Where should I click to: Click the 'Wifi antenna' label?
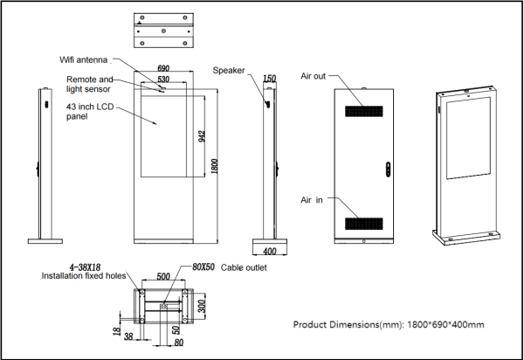pos(84,59)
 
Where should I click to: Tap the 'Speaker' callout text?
pos(229,71)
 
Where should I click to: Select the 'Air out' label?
pos(314,76)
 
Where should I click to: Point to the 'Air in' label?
pos(312,200)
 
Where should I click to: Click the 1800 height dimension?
pos(215,166)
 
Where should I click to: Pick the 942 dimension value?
pos(202,136)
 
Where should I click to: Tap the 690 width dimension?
pos(163,68)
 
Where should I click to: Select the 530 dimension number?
pos(163,80)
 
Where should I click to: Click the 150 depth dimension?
pos(269,79)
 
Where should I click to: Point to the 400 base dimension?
pos(270,251)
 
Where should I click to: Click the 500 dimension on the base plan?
pos(163,276)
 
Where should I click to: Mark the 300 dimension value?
pos(202,306)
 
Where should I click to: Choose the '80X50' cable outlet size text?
pos(203,267)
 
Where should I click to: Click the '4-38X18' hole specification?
pos(85,267)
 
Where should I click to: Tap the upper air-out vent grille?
pos(364,111)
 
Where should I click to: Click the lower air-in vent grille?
pos(364,224)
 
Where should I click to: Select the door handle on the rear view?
pos(388,170)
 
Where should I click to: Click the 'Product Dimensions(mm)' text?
pos(348,324)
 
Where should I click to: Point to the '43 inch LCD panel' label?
pos(90,112)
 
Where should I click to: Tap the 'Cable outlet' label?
pos(244,267)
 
